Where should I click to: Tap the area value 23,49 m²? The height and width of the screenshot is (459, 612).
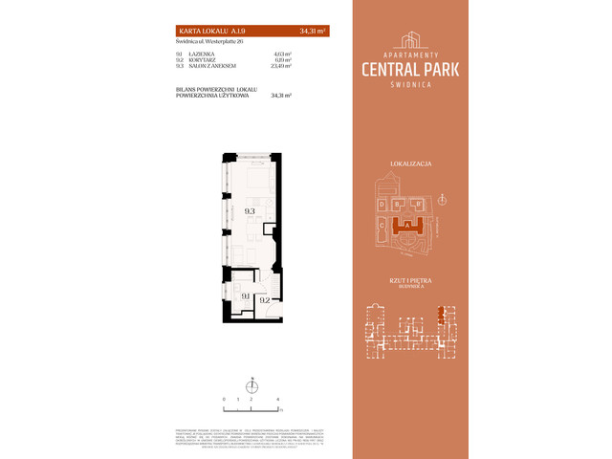pos(282,67)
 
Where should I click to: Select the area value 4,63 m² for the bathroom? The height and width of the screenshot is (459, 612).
pos(282,55)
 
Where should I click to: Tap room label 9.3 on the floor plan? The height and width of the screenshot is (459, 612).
pos(249,211)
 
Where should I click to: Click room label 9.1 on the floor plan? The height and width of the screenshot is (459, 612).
pos(246,296)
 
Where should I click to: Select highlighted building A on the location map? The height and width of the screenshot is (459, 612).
pos(408,225)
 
